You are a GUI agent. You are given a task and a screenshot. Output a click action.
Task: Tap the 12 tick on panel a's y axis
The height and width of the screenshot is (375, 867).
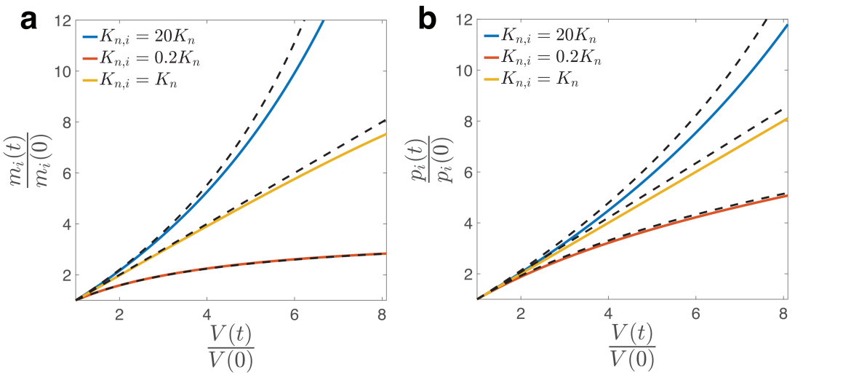pyautogui.click(x=62, y=21)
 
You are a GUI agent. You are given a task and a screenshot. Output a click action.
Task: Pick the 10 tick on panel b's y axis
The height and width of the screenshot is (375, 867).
pyautogui.click(x=463, y=71)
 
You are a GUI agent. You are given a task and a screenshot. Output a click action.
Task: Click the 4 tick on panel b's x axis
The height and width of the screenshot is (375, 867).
pyautogui.click(x=609, y=315)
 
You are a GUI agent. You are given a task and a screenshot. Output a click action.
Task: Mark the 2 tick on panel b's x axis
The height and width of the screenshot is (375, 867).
pyautogui.click(x=521, y=315)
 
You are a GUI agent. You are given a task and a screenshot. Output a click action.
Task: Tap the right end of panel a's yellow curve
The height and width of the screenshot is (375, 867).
pyautogui.click(x=386, y=134)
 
